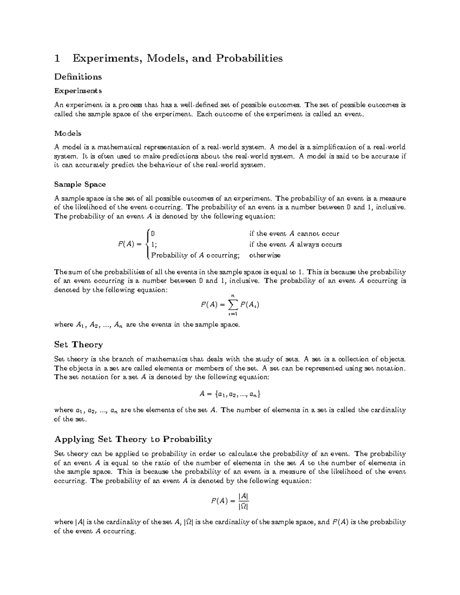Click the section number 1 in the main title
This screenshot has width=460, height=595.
click(58, 58)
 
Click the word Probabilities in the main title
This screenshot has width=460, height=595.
click(250, 58)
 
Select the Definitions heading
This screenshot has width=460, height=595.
click(78, 77)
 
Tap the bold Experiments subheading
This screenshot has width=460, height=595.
click(78, 91)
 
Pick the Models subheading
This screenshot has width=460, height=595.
click(67, 133)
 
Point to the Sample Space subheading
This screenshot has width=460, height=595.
click(80, 184)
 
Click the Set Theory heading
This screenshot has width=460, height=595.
click(79, 344)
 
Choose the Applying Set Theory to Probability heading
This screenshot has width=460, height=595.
click(133, 439)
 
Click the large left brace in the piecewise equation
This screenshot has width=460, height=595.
click(147, 244)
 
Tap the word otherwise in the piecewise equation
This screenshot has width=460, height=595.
click(264, 255)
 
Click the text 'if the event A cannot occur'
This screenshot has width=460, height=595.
click(294, 234)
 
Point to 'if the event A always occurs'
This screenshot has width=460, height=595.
click(295, 244)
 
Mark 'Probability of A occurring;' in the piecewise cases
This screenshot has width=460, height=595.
click(195, 255)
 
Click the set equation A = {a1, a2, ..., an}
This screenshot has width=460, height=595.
click(230, 393)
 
